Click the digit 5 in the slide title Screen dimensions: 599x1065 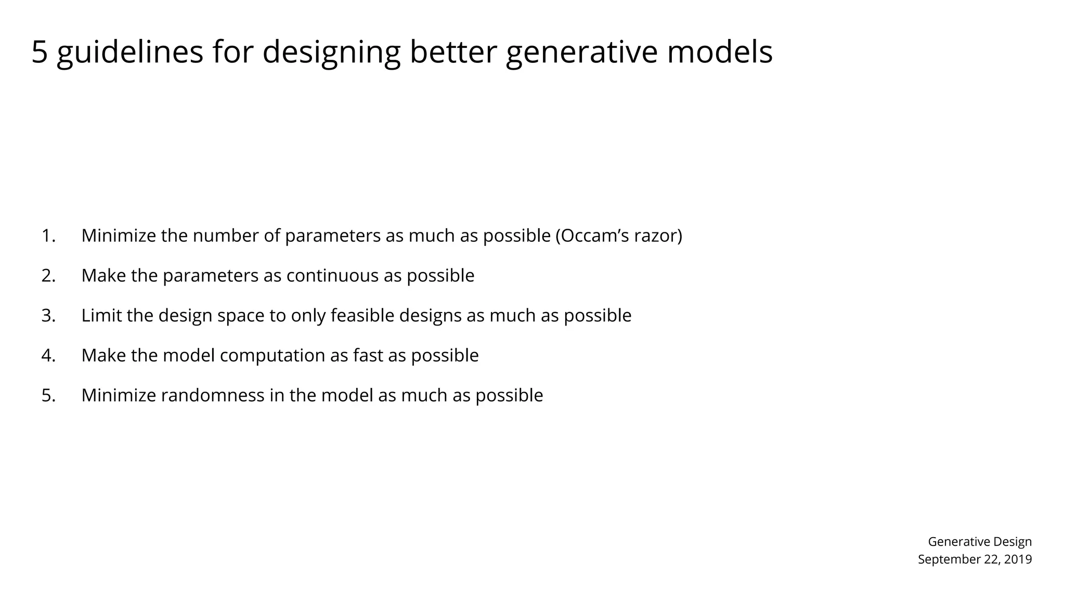40,52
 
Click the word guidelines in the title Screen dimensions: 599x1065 129,53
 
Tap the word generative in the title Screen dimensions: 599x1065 581,53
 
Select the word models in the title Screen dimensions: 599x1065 720,52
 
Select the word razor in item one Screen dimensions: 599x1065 657,236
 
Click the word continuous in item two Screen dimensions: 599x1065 332,276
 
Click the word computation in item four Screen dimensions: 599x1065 272,356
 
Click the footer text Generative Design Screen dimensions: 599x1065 980,542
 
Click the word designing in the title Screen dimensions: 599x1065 331,53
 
